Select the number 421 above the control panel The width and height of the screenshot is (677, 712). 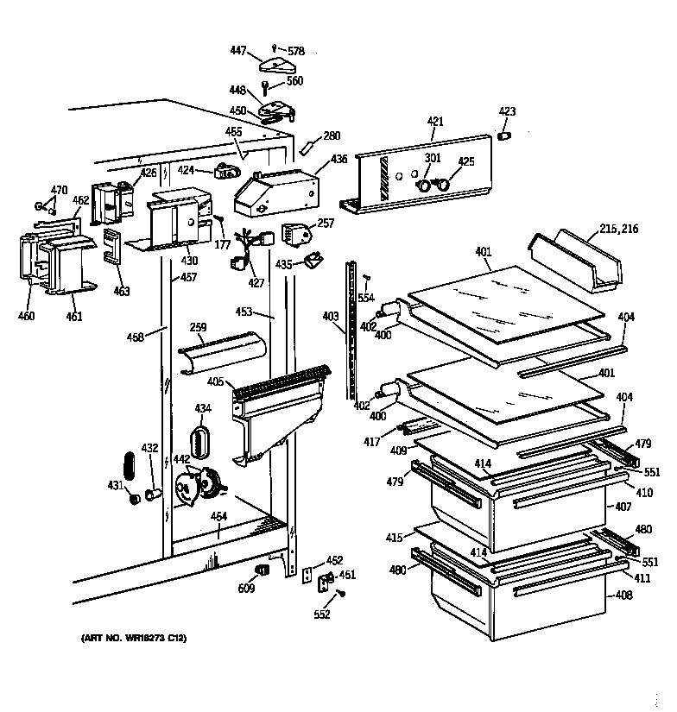[x=435, y=122]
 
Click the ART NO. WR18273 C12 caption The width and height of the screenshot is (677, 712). [x=133, y=639]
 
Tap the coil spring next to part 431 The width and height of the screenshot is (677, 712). [x=130, y=467]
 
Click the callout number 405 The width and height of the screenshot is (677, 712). [x=215, y=381]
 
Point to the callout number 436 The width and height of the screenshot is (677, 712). [x=338, y=160]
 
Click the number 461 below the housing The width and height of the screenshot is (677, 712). [x=74, y=317]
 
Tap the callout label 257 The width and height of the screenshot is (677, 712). [x=325, y=223]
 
